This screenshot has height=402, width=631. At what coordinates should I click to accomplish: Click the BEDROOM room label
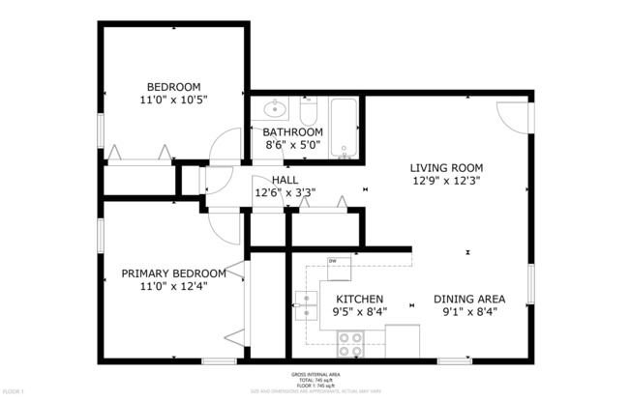[174, 85]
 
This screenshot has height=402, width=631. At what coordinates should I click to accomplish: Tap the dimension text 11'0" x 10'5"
[174, 99]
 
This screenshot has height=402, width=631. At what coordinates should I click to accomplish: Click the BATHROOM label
[293, 132]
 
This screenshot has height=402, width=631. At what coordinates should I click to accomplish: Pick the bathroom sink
[275, 107]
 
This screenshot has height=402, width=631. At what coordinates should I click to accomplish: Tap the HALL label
[285, 180]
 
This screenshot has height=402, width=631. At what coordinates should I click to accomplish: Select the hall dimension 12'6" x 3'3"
[285, 193]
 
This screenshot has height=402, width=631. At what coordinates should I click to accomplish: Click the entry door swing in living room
[511, 110]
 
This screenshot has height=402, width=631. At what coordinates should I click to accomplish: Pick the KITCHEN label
[359, 299]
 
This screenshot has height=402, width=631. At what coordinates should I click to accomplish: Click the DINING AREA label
[467, 299]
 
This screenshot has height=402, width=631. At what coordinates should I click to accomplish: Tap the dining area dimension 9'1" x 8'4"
[467, 312]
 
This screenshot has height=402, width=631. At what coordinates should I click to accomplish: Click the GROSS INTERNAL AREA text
[315, 373]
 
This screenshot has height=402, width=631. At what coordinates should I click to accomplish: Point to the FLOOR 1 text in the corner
[13, 392]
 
